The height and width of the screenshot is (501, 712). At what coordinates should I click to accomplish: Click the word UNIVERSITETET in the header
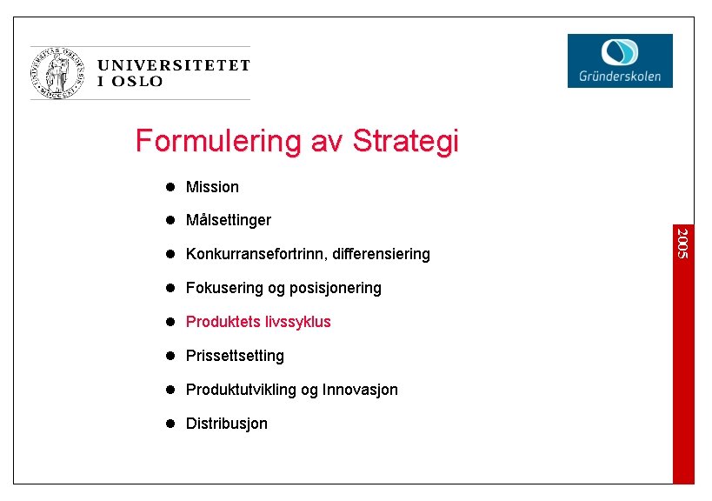(x=173, y=65)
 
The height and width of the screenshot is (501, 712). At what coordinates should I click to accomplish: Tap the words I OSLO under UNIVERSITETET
(x=130, y=82)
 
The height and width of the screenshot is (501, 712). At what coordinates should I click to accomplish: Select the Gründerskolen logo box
(x=620, y=60)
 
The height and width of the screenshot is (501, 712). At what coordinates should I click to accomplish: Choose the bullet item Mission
(x=212, y=187)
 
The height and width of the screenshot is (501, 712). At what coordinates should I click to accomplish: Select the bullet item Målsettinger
(x=229, y=220)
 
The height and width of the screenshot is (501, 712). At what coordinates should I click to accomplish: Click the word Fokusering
(x=223, y=288)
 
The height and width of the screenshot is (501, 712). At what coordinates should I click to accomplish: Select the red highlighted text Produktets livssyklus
(x=258, y=322)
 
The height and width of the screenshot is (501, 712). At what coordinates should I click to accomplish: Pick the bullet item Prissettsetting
(x=235, y=356)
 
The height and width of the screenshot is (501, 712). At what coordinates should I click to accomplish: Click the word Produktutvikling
(x=241, y=390)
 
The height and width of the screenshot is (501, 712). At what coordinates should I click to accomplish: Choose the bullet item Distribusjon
(x=227, y=424)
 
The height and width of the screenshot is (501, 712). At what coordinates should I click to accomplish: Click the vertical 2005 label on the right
(x=682, y=243)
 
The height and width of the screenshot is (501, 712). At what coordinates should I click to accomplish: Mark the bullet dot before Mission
(x=171, y=187)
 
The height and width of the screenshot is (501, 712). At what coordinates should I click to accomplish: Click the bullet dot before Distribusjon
(x=171, y=424)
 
